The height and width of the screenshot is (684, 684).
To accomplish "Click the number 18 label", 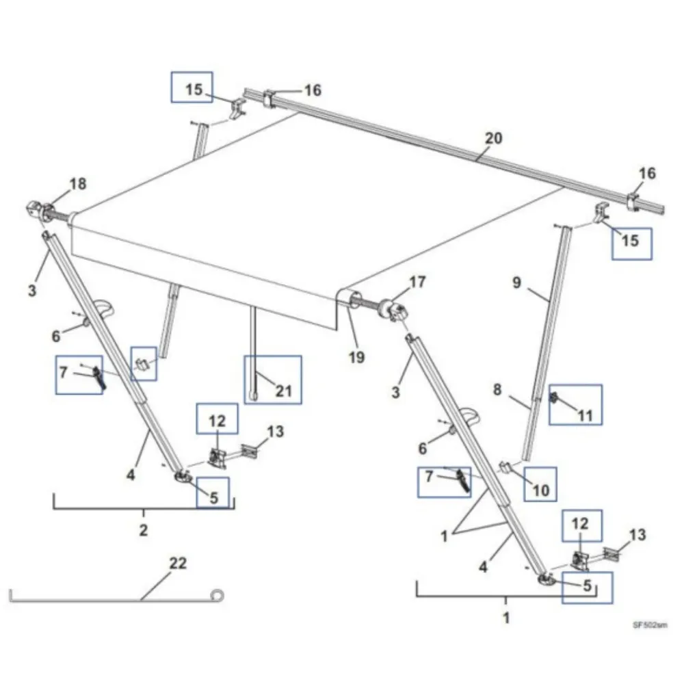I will tap(78, 183).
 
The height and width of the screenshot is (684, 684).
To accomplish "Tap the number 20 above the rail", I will tap(493, 138).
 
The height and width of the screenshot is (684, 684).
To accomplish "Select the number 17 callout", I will tap(417, 282).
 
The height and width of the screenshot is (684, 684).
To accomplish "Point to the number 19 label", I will tap(356, 356).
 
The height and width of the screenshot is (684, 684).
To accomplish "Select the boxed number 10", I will tap(541, 490).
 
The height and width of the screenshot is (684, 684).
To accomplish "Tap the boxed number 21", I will tap(283, 391).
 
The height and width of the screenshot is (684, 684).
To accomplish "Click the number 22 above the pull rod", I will tap(178, 564).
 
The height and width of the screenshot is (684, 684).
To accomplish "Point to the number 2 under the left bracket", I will tap(144, 530).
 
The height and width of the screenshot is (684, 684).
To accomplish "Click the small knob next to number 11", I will tap(555, 398).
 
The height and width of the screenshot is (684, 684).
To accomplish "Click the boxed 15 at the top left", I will tap(194, 90).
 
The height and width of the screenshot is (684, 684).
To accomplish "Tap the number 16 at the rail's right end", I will tap(646, 173).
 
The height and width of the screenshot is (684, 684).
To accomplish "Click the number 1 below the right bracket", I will tap(506, 618).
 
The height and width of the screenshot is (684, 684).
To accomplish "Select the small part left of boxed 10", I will tap(505, 468).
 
